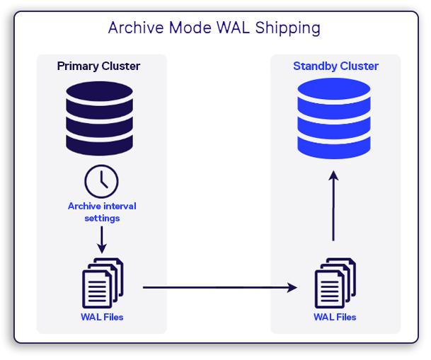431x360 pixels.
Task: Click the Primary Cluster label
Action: (x=98, y=66)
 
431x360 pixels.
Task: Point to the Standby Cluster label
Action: (x=335, y=66)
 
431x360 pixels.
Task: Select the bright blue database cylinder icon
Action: (x=334, y=118)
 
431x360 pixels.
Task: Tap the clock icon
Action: (x=101, y=181)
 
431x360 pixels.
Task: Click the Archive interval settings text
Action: (x=102, y=212)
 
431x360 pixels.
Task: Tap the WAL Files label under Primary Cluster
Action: (x=102, y=317)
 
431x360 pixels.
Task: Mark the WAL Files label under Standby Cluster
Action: (x=335, y=317)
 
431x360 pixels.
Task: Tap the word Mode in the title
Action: (x=188, y=28)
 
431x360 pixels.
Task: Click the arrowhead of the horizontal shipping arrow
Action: (x=292, y=287)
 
